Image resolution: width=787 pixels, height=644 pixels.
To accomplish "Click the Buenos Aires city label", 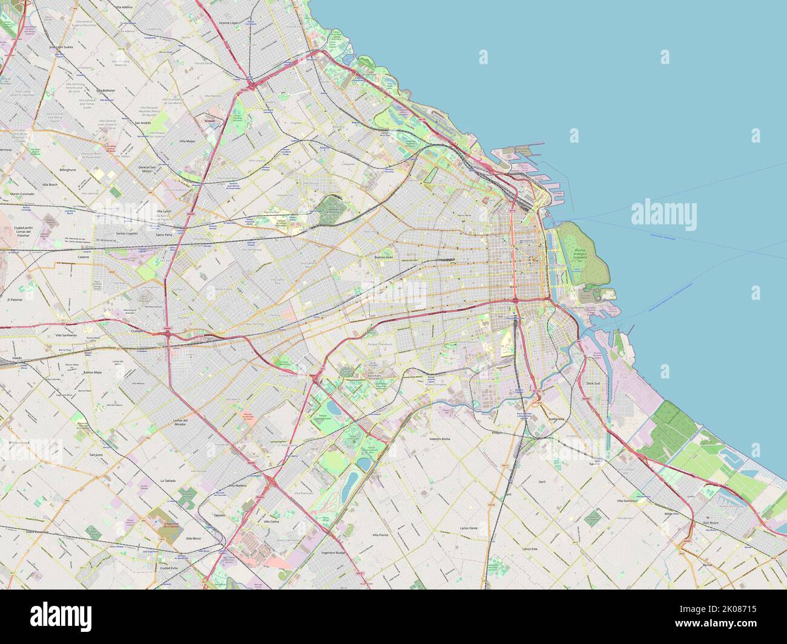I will tap(384, 257).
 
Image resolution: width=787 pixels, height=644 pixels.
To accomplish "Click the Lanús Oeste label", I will tap(469, 528).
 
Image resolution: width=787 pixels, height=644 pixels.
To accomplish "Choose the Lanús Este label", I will tap(530, 548).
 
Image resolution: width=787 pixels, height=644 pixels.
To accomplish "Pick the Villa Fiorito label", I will tap(380, 535).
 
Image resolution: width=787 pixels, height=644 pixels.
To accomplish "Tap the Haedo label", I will tap(17, 358).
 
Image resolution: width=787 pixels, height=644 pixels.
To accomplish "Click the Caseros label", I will tap(83, 256).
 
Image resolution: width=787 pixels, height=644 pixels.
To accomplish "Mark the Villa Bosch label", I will tap(49, 184).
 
